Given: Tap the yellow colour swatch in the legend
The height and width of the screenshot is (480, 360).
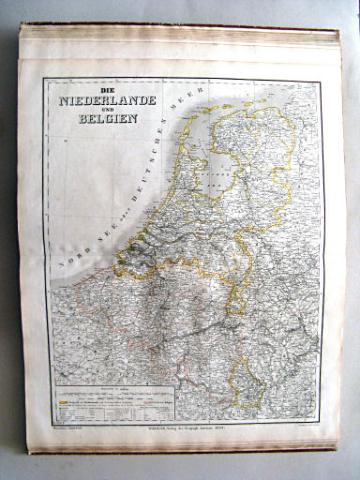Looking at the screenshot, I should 65,394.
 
